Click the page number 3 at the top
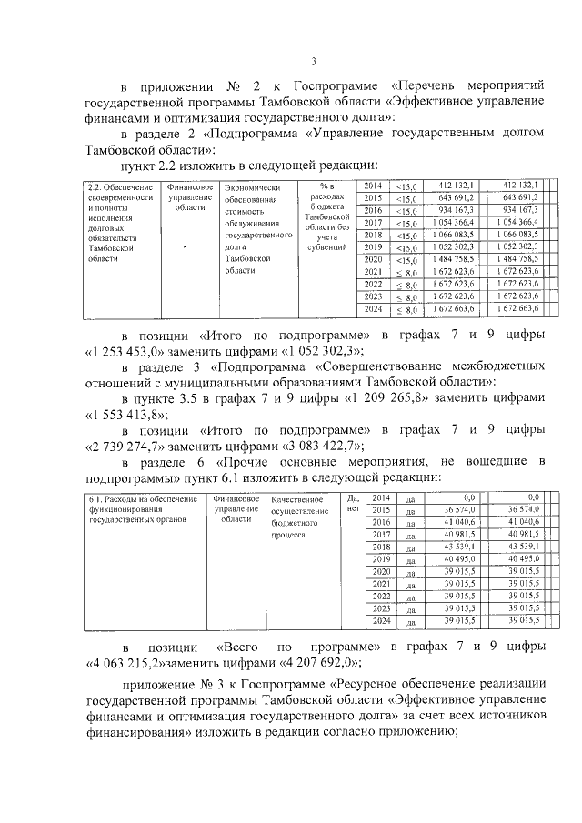[x=312, y=62]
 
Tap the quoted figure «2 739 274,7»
[x=126, y=445]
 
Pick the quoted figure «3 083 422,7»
[x=317, y=445]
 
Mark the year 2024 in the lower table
[x=380, y=620]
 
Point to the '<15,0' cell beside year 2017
[x=406, y=223]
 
